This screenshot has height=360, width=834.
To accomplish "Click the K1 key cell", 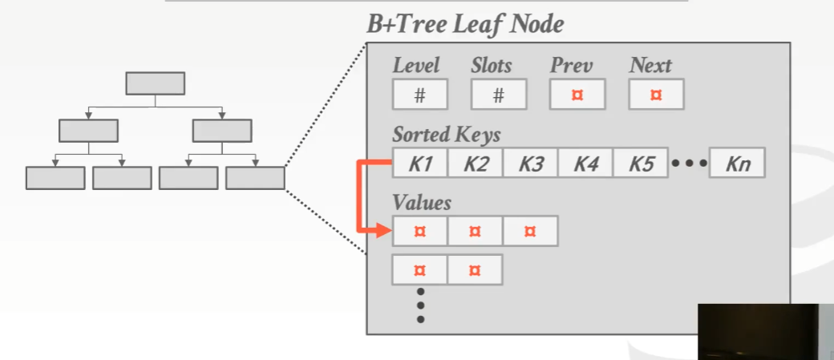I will [420, 164].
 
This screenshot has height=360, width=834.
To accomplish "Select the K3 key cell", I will [531, 164].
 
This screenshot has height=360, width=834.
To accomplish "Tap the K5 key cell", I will [641, 164].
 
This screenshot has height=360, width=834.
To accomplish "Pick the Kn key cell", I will [737, 164].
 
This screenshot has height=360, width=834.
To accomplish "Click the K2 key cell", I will [476, 164].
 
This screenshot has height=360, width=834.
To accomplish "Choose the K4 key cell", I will [586, 164].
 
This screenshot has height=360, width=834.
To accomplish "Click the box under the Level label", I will [419, 95].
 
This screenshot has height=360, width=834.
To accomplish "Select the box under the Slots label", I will [498, 95].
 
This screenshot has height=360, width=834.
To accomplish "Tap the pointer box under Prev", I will [577, 95].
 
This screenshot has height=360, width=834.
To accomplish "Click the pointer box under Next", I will [656, 95].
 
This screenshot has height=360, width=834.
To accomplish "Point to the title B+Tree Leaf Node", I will [465, 25].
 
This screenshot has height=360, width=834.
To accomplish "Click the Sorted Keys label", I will [446, 134].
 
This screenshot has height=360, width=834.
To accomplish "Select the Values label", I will [422, 202].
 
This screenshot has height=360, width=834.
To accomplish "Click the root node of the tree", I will [156, 83].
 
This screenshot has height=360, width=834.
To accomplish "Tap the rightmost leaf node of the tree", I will [255, 178].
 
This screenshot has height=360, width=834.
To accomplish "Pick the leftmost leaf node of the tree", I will [55, 178].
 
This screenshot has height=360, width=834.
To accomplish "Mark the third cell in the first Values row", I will [530, 232].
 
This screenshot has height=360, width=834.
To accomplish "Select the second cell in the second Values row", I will [475, 270].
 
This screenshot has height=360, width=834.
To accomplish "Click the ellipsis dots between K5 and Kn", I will [689, 164].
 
